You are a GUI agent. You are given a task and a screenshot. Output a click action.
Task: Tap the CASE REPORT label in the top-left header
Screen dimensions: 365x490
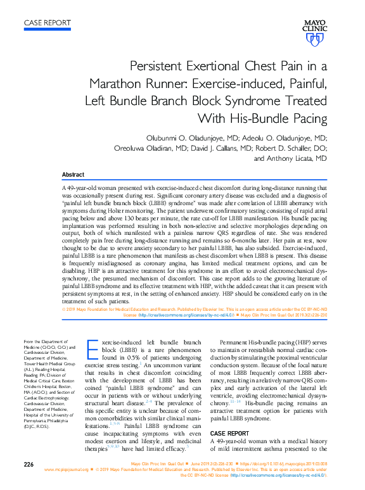47,23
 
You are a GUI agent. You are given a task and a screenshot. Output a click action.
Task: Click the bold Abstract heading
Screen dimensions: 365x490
74,175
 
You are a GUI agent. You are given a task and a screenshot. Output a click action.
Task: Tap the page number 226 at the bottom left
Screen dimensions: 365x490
29,465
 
